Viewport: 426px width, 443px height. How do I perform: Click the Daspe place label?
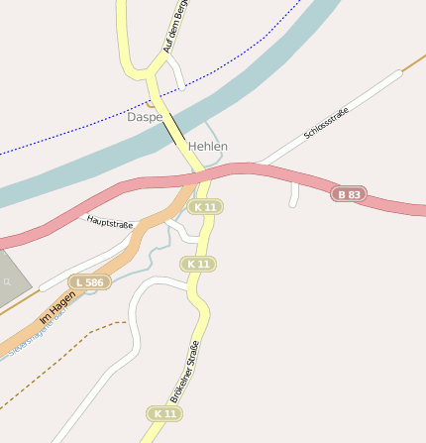145,117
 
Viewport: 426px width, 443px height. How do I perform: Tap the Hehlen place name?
208,147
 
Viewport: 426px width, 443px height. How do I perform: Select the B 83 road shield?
348,194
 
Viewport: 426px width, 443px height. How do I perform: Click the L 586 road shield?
90,283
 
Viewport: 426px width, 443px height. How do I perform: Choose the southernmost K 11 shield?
165,413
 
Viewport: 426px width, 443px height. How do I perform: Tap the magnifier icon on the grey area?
7,282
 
